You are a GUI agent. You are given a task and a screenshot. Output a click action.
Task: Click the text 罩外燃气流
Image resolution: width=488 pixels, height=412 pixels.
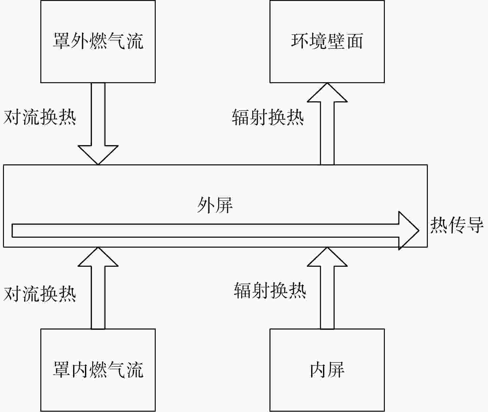98,41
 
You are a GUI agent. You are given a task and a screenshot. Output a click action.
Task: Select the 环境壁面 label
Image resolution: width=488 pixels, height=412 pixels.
327,41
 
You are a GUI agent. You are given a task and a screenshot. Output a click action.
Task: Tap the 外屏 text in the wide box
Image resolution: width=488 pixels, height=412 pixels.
215,205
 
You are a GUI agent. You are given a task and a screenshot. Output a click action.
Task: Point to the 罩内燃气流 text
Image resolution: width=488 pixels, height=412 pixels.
98,369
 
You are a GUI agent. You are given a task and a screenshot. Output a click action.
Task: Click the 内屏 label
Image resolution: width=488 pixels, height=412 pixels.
327,369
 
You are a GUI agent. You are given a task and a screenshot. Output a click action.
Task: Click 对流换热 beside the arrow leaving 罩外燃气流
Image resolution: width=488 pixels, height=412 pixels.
40,117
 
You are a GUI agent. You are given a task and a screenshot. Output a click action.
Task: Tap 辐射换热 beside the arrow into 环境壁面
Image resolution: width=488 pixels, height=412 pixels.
268,117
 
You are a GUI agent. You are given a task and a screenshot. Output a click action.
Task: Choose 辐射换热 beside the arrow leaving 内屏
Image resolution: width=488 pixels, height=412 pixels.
270,291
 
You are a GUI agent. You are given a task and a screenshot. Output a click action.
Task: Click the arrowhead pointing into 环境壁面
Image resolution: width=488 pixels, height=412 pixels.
327,92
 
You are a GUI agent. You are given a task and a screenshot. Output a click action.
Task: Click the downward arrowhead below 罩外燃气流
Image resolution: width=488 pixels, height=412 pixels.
98,155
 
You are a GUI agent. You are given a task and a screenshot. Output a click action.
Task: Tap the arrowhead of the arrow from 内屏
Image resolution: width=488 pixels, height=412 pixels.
327,257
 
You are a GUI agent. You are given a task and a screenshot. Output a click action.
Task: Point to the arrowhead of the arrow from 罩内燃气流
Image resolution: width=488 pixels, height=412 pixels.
98,257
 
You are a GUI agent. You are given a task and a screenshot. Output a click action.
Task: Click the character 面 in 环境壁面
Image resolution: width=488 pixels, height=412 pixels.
355,41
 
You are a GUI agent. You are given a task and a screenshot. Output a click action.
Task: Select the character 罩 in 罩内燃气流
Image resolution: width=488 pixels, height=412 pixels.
61,369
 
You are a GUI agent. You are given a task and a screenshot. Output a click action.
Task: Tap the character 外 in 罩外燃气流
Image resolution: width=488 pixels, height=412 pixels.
79,41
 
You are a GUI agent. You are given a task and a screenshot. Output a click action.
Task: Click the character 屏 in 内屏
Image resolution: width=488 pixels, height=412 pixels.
337,369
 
